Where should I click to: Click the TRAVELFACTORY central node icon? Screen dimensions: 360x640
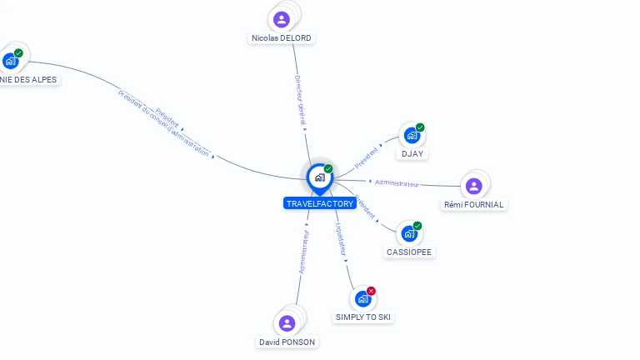[319, 177]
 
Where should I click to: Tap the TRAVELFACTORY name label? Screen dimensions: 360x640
[320, 203]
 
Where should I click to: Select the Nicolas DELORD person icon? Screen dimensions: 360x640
[282, 19]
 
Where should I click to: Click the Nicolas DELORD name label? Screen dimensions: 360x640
[282, 38]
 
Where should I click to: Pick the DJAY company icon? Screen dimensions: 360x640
[411, 135]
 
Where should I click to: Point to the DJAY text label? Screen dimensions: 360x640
[412, 154]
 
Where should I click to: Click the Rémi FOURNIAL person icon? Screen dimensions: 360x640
[473, 186]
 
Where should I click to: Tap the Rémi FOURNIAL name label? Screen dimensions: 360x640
[473, 205]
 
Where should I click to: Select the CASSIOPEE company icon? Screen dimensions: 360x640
[409, 233]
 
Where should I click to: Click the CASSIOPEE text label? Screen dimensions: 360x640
[409, 252]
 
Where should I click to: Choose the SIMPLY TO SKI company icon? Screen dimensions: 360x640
[362, 298]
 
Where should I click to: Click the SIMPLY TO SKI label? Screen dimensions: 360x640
[363, 317]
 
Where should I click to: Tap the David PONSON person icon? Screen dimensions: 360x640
[287, 323]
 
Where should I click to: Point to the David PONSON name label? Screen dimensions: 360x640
[287, 342]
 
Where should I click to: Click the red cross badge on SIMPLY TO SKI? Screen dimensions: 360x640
[371, 291]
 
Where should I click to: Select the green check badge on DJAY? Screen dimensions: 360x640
[420, 127]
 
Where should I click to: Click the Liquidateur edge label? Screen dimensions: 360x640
[341, 239]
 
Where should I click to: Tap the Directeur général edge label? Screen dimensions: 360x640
[301, 100]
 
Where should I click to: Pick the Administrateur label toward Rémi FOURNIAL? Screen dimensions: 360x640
[397, 182]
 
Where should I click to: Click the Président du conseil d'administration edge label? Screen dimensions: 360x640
[164, 124]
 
